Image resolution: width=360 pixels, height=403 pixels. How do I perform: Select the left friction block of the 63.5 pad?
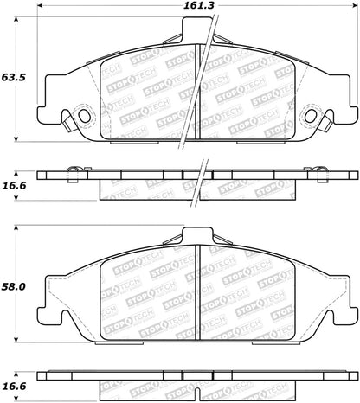tap(147, 95)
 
